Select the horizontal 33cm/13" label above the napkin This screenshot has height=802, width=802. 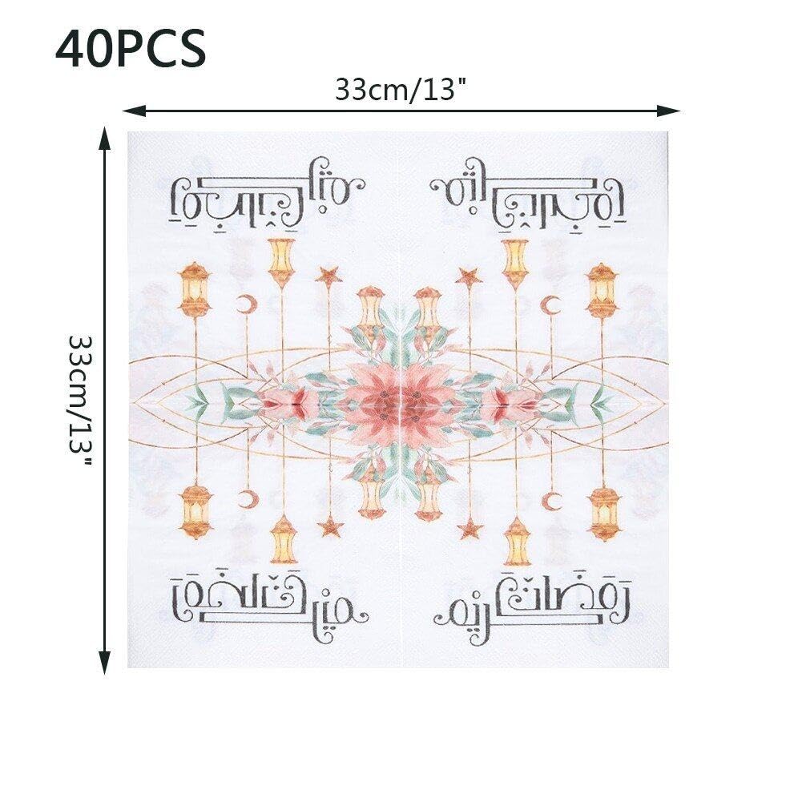coord(401,90)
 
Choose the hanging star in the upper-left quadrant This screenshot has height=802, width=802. coord(328,276)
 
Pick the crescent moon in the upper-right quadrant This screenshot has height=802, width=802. coord(551,304)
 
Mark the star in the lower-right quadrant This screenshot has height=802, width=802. coord(469,527)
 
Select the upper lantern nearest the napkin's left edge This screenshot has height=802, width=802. coord(195,289)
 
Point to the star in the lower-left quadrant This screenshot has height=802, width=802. coord(329,527)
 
